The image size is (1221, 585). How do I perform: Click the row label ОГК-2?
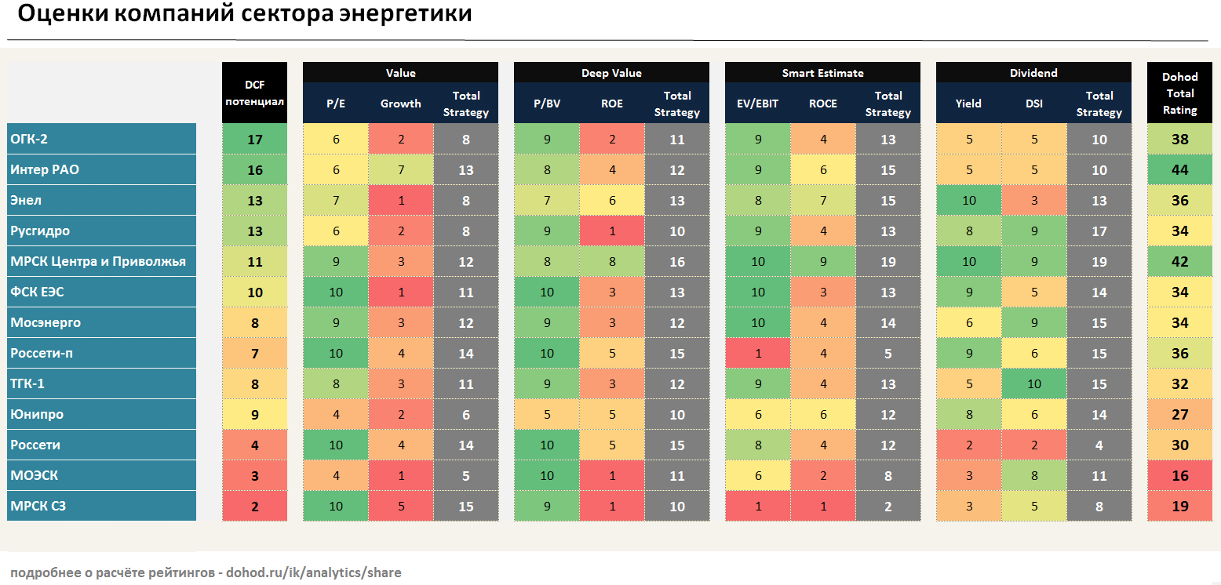pos(30,140)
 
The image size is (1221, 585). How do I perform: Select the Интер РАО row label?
pos(45,169)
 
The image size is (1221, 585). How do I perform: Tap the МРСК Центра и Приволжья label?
pos(98,261)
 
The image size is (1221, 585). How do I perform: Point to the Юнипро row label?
pos(37,414)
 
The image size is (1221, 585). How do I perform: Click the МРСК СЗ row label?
pos(38,506)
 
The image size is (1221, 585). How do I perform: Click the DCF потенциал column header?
pos(254,93)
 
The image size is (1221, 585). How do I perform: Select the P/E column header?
pos(335,104)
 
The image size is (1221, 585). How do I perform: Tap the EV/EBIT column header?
pos(757,104)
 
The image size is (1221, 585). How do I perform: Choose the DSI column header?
pos(1033,104)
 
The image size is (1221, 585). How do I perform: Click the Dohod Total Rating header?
pos(1179,93)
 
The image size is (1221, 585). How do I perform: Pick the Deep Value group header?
pos(611,73)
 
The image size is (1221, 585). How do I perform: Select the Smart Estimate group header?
pos(822,73)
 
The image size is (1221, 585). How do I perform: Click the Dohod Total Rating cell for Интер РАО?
pos(1179,170)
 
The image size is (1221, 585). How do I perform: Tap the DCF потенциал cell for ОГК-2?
pos(254,140)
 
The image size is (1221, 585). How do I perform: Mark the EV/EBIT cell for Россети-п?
pos(757,353)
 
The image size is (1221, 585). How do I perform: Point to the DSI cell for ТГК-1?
pos(1033,383)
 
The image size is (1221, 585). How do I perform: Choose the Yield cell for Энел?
pos(968,201)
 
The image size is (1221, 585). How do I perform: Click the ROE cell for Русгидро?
pos(611,231)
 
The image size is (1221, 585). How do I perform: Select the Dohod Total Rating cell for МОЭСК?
pos(1179,475)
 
